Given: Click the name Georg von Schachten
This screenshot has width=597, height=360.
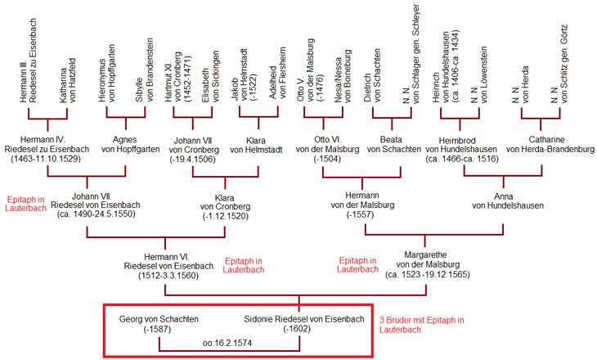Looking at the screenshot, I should point(159,318).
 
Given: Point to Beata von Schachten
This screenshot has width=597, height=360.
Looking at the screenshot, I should point(394,143).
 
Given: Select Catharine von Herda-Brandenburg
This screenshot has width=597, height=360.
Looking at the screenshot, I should point(549,143).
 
